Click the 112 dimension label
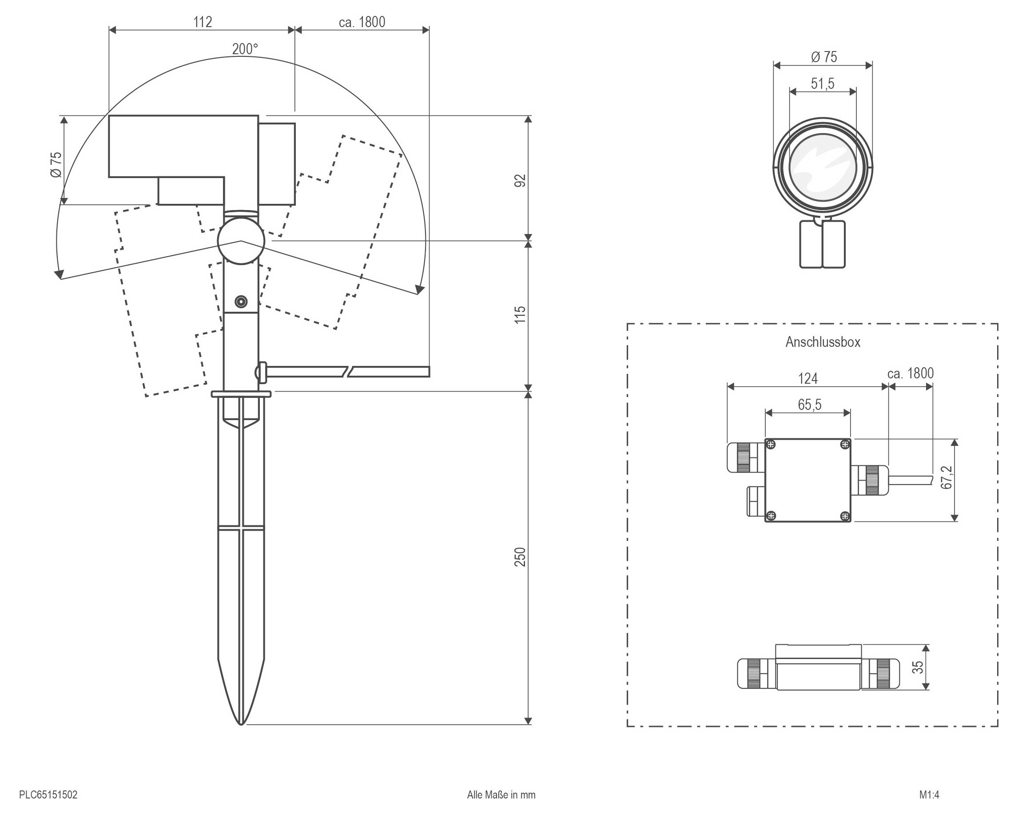click(x=203, y=22)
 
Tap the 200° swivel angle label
click(x=245, y=49)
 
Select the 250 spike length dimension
click(x=519, y=557)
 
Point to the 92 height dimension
click(x=519, y=180)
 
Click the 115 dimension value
click(x=519, y=315)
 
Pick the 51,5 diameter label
click(x=823, y=83)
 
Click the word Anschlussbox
click(x=823, y=342)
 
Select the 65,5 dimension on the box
click(x=809, y=405)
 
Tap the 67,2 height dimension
click(x=946, y=477)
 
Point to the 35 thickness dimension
click(x=918, y=667)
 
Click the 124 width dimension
click(x=807, y=378)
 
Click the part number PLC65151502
click(x=48, y=794)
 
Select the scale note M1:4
click(x=929, y=794)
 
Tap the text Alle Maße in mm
click(x=501, y=794)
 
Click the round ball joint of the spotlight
click(x=241, y=241)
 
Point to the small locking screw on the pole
click(x=241, y=302)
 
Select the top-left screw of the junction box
click(x=771, y=444)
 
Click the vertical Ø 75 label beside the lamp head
click(x=56, y=165)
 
